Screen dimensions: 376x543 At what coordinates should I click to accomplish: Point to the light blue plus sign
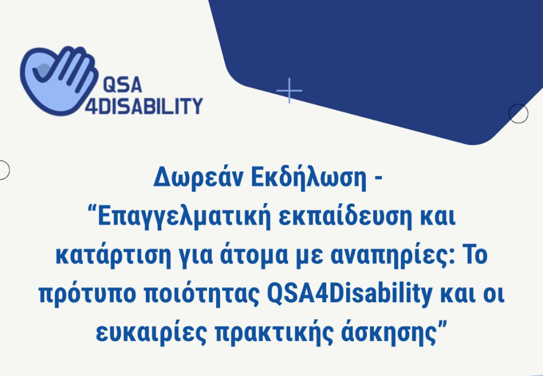[x=289, y=91]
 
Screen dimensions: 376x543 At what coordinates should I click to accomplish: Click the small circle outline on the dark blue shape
[x=518, y=114]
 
